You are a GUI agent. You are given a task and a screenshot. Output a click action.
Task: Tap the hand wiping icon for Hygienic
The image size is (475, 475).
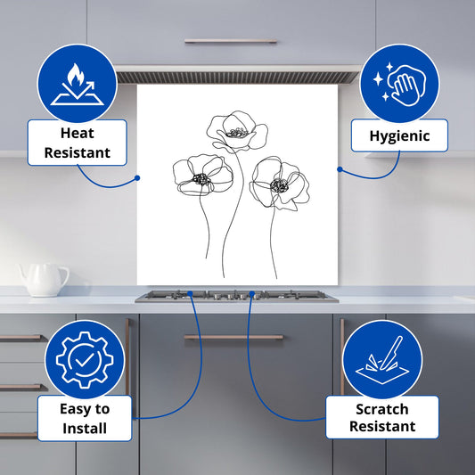(399, 84)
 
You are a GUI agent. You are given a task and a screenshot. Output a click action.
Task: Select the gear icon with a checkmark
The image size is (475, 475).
(85, 360)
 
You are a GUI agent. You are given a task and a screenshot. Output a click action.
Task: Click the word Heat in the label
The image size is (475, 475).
(78, 134)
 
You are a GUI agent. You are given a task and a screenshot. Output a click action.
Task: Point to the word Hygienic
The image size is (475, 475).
(399, 136)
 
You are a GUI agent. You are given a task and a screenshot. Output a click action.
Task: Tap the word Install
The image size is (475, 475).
(85, 429)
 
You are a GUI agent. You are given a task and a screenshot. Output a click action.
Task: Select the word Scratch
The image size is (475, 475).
(382, 409)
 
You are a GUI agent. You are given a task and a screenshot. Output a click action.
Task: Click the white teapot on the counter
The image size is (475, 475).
(44, 280)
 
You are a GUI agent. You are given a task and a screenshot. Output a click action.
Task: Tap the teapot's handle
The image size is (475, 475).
(63, 275)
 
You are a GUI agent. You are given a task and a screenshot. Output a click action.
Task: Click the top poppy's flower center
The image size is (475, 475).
(237, 133)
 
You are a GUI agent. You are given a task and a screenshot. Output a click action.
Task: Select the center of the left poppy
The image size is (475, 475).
(201, 179)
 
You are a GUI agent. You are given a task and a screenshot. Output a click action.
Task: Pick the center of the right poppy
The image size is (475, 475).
(279, 185)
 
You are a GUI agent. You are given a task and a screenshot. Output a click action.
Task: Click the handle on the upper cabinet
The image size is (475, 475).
(231, 41)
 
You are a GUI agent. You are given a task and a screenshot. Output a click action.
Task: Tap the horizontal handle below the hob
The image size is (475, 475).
(233, 337)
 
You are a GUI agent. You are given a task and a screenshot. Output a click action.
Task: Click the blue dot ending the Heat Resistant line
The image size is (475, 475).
(137, 178)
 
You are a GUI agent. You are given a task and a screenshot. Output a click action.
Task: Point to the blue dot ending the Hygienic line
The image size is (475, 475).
(340, 169)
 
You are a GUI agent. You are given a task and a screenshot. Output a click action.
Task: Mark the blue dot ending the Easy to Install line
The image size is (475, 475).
(190, 293)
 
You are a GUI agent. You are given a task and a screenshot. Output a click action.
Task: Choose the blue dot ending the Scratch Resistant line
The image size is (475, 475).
(251, 293)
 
